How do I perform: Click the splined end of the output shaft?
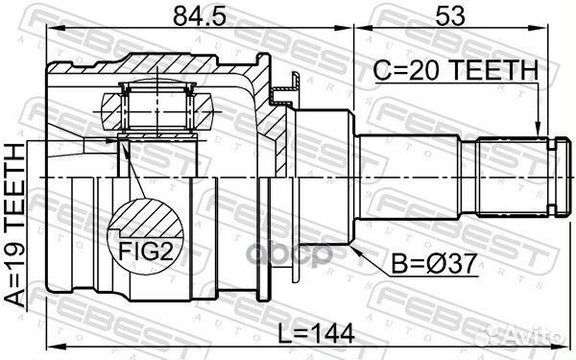pyautogui.click(x=514, y=178)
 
